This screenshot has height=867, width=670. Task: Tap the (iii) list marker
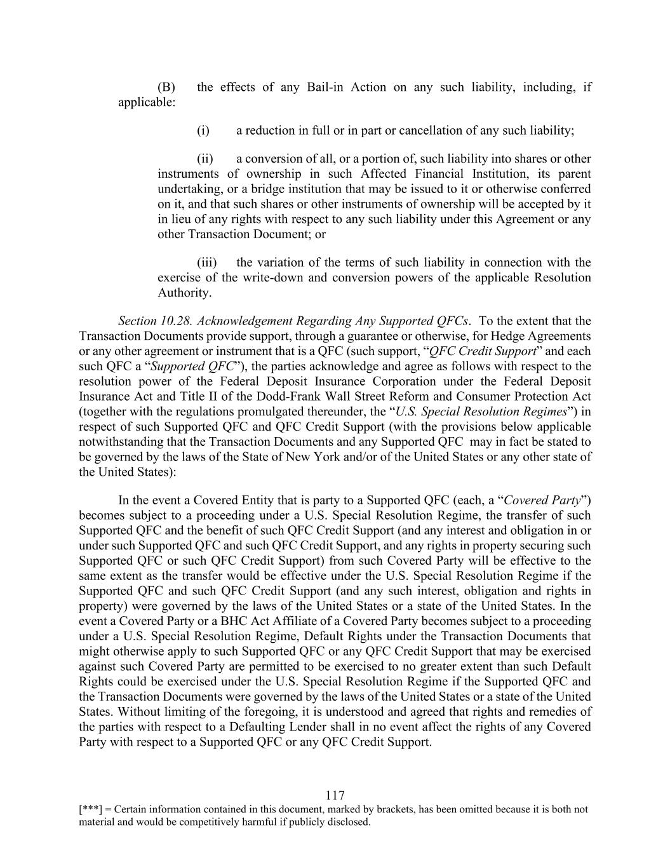[x=206, y=263]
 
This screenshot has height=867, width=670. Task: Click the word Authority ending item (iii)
[x=184, y=293]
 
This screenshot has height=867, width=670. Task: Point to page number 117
[x=335, y=796]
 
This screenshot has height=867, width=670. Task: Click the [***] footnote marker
[x=90, y=810]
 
